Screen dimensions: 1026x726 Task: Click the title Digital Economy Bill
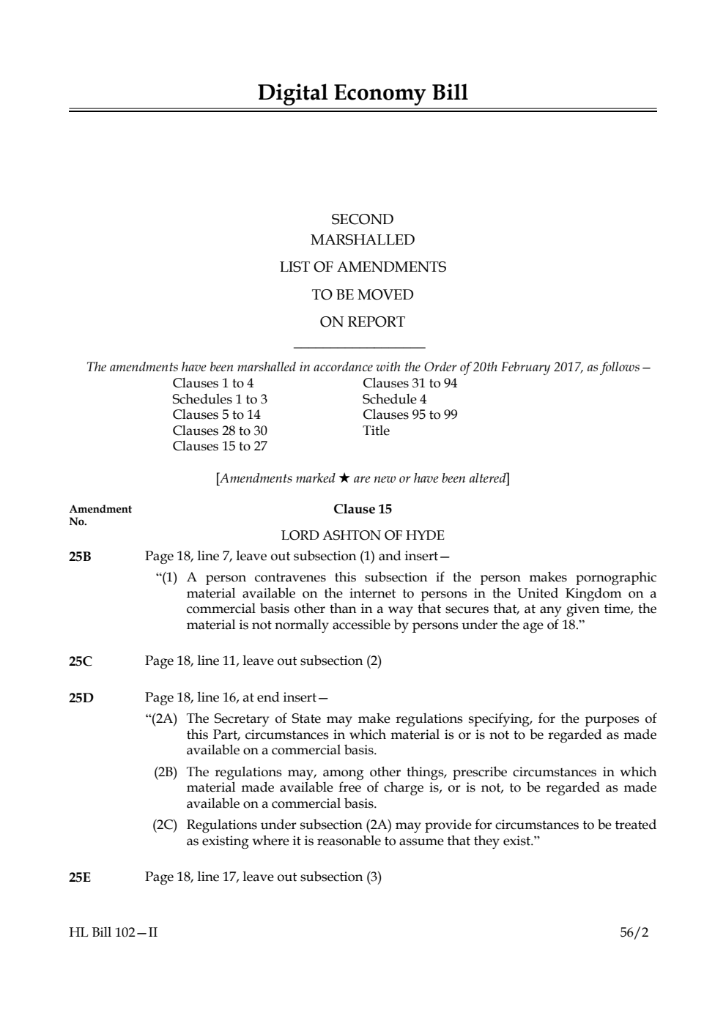pos(363,93)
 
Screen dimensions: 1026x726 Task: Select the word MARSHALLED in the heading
pos(363,240)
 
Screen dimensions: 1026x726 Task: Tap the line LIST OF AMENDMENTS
pos(363,267)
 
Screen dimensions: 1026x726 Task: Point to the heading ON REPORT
pos(363,321)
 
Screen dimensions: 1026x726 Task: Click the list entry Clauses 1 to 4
pos(213,383)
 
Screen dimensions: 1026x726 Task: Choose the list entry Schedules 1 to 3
pos(220,399)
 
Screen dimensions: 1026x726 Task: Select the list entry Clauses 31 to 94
pos(410,383)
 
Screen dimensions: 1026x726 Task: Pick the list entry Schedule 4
pos(394,399)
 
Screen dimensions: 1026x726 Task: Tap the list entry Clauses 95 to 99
pos(410,415)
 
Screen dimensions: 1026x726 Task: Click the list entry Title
pos(376,431)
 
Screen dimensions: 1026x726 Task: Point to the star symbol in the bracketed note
pos(344,479)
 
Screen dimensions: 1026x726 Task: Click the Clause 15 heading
pos(363,509)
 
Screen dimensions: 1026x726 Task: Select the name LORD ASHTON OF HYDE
pos(363,535)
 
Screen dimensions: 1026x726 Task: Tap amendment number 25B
pos(81,557)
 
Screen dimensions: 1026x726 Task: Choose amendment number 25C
pos(81,661)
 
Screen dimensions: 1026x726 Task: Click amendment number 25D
pos(81,698)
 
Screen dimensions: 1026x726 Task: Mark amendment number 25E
pos(81,877)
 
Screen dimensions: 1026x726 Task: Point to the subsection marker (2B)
pos(166,772)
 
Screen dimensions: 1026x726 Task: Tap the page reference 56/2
pos(634,933)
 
